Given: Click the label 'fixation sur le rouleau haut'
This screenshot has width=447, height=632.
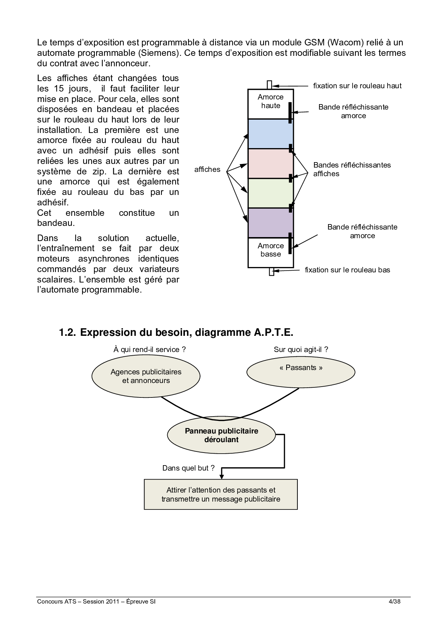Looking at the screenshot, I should click(x=357, y=86).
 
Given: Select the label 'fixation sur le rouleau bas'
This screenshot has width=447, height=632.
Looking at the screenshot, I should click(x=347, y=270).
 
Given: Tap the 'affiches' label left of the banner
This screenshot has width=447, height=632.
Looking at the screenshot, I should click(x=207, y=169).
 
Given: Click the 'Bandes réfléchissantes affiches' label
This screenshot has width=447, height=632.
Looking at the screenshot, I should click(x=352, y=169).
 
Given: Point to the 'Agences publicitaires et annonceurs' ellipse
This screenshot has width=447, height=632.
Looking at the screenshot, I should click(x=146, y=376).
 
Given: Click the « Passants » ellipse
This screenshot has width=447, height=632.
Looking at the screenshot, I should click(x=301, y=372).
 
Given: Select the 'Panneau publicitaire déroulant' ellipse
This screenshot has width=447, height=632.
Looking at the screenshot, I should click(x=221, y=435).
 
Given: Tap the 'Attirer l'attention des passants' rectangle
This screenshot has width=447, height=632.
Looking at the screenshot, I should click(x=221, y=494).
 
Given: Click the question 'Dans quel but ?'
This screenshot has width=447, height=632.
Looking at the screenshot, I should click(x=188, y=468).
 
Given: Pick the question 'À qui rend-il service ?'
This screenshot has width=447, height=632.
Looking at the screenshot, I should click(x=150, y=349).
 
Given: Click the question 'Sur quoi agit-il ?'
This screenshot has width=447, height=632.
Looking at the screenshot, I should click(x=301, y=349).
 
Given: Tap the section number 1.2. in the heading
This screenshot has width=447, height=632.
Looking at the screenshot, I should click(x=67, y=332).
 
